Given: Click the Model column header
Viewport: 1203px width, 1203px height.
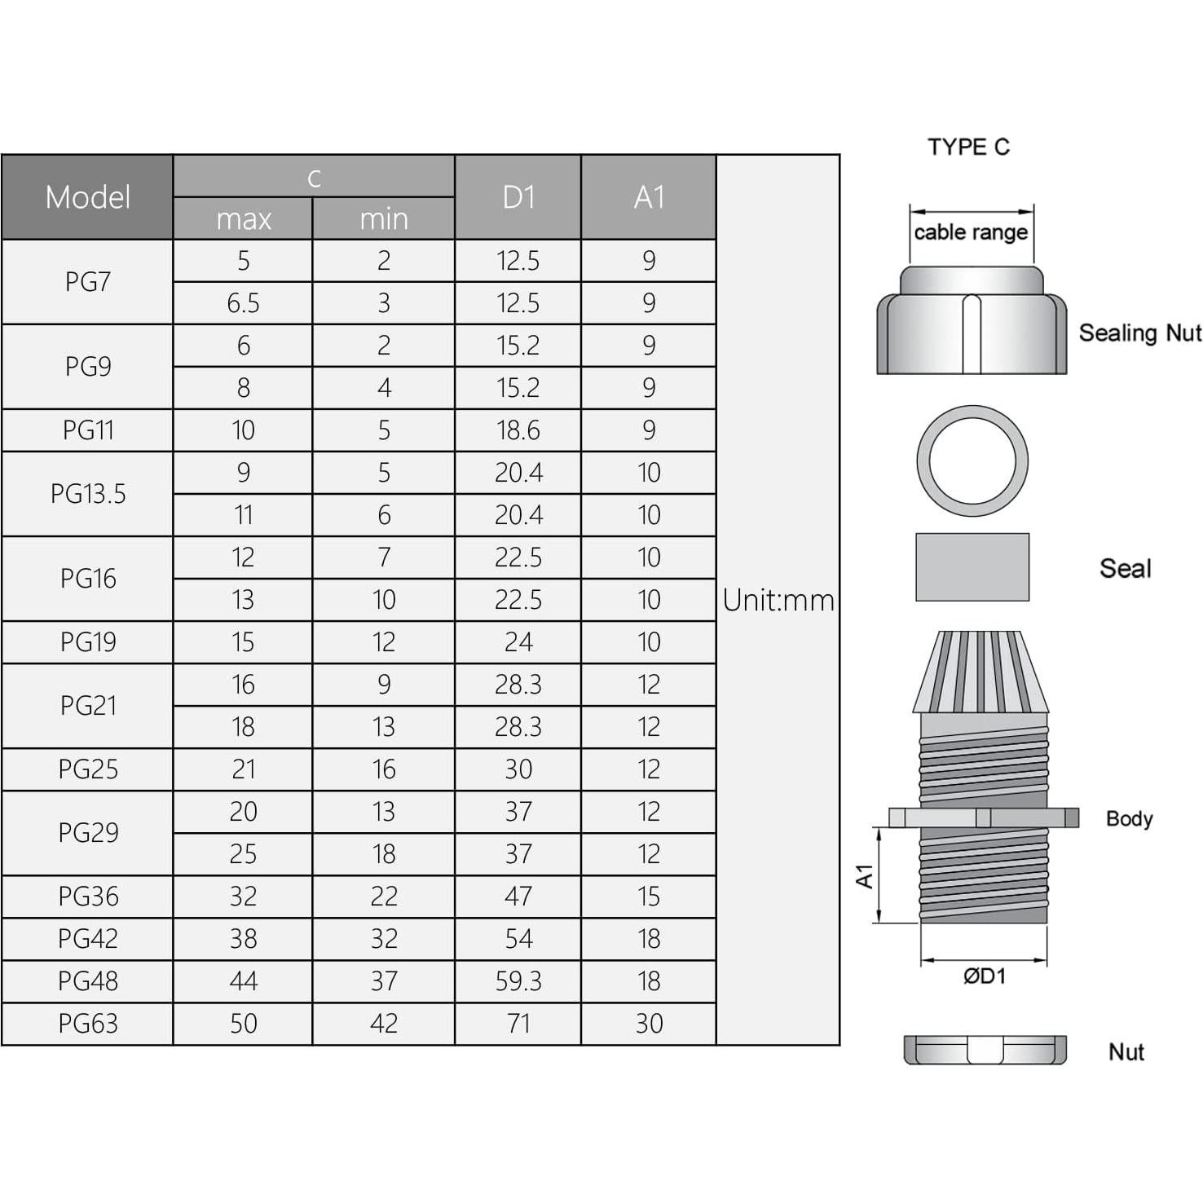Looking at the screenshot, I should (x=87, y=197).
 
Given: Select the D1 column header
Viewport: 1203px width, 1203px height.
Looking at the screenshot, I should (x=518, y=197).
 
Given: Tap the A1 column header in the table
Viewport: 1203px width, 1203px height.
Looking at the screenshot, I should (x=649, y=197).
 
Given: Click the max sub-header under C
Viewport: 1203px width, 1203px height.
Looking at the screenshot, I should (x=243, y=218).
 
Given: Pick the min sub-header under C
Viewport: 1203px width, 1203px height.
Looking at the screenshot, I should (x=383, y=218).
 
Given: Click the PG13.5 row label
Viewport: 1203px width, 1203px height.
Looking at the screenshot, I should (x=87, y=494).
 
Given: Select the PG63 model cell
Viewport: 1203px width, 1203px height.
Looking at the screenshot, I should (x=87, y=1024).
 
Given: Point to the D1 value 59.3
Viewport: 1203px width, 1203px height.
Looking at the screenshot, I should (x=518, y=981).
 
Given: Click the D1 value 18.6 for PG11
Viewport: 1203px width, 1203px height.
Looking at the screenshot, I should (x=518, y=430).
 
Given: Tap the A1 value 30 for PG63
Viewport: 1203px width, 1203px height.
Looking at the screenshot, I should (x=649, y=1024).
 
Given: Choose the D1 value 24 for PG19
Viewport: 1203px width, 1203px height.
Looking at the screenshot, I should (x=518, y=642).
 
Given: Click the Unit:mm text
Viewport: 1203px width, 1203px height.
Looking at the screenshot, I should (x=778, y=600).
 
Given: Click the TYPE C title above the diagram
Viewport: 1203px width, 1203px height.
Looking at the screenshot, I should (x=968, y=147).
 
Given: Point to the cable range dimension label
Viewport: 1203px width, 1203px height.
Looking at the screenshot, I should (x=970, y=232).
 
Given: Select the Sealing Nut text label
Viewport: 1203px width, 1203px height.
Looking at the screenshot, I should (x=1139, y=333).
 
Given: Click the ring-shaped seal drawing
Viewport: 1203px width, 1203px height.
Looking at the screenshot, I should (x=972, y=461).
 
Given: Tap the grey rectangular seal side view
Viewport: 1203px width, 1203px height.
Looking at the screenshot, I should (x=972, y=567).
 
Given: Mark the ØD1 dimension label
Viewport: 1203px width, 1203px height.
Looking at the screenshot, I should (x=984, y=976).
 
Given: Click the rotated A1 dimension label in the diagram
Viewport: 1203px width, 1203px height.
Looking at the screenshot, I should (x=864, y=876).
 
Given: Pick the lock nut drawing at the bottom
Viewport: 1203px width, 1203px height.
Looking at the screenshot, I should (x=985, y=1050).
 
